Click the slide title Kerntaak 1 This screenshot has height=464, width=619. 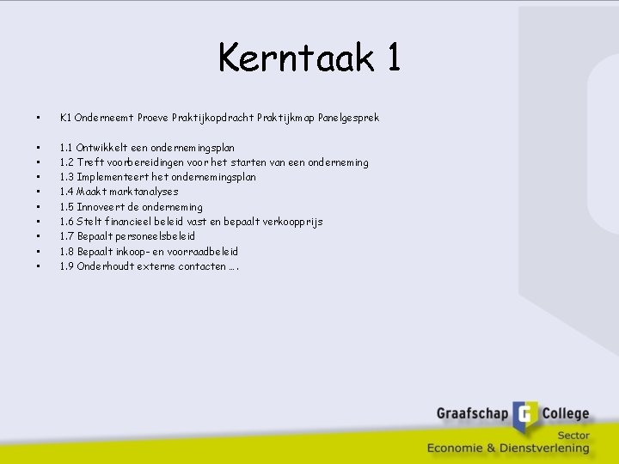309,58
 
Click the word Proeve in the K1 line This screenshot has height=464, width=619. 152,117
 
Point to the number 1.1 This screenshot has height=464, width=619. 66,148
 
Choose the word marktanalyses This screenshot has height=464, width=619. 142,192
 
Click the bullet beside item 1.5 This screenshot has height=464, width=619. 38,207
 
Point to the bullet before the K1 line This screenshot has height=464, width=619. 38,117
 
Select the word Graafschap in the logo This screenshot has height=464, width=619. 473,414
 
